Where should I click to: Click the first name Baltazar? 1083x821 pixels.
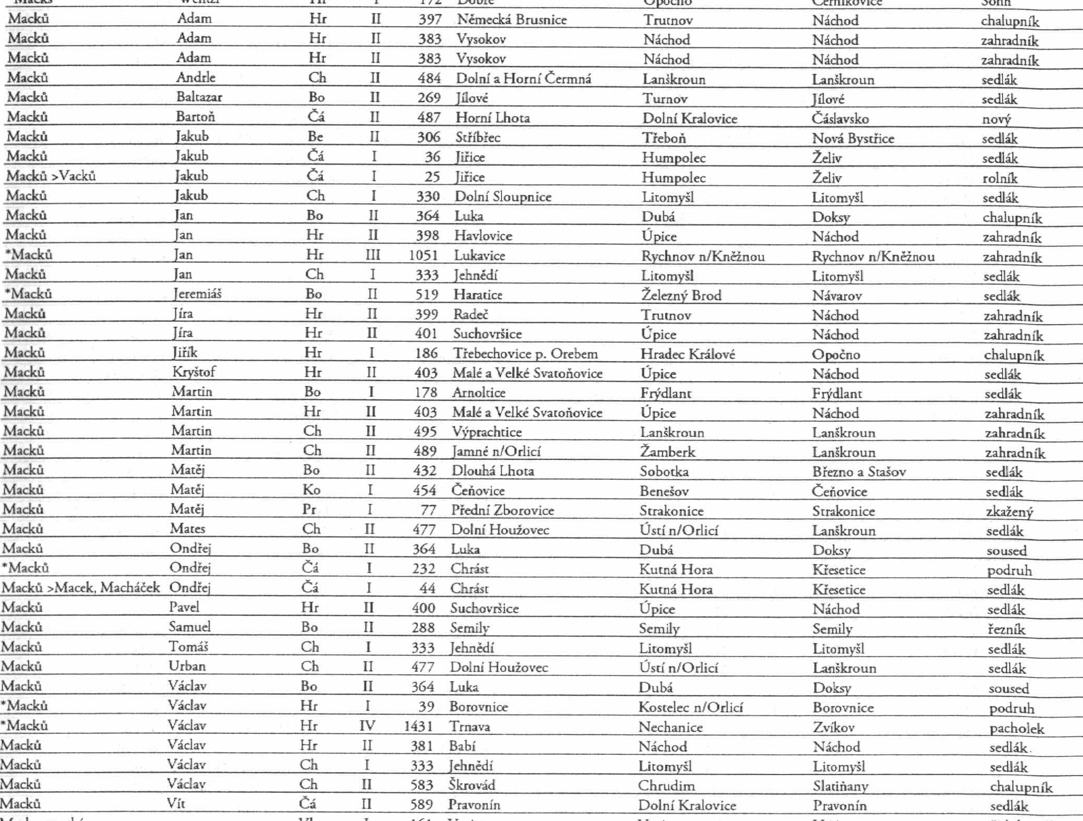click(x=199, y=97)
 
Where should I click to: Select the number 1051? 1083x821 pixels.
click(x=423, y=255)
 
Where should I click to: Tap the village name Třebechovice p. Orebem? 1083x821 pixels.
click(x=525, y=354)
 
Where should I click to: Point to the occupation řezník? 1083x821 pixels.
click(x=1006, y=629)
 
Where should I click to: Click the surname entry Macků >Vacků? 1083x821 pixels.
click(x=51, y=176)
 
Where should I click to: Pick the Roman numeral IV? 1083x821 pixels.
click(x=367, y=726)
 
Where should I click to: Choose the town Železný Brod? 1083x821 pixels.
click(x=681, y=295)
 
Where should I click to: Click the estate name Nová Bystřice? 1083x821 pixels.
click(x=853, y=138)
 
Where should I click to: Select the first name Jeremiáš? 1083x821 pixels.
click(x=197, y=294)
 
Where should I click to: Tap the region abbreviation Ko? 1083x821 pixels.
click(x=311, y=490)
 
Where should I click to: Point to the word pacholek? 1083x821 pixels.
click(x=1016, y=728)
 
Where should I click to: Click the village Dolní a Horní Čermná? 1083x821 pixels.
click(x=523, y=79)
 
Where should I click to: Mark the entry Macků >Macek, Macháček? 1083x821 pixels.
click(x=80, y=588)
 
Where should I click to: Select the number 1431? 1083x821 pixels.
click(x=418, y=726)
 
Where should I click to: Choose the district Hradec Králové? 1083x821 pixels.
click(x=687, y=354)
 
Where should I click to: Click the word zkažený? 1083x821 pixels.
click(x=1009, y=512)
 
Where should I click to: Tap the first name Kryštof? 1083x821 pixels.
click(x=194, y=372)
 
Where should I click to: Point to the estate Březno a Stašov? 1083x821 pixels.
click(x=859, y=472)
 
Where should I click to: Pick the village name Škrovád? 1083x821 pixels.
click(x=472, y=785)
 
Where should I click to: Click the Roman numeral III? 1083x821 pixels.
click(x=372, y=255)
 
